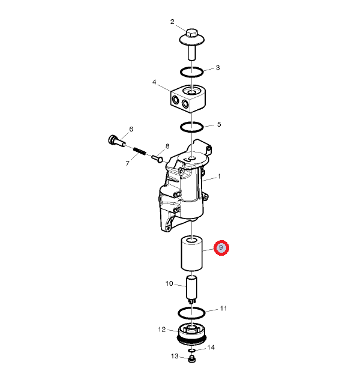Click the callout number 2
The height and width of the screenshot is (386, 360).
coord(172,22)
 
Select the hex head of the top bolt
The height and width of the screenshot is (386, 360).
coord(192,33)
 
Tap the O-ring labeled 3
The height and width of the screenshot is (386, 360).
coord(191,72)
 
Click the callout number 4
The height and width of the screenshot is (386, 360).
coord(154,82)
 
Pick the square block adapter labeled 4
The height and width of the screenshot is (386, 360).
coord(188,98)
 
